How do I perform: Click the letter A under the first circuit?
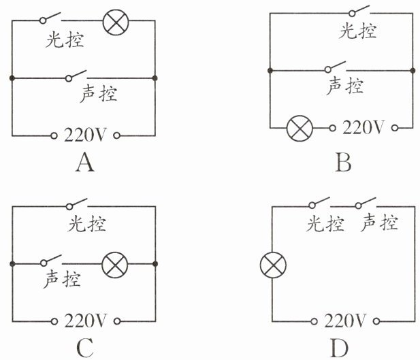click(x=84, y=163)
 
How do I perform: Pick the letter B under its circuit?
click(x=343, y=163)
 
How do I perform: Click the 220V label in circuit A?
click(x=86, y=135)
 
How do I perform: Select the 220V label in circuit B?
click(x=364, y=127)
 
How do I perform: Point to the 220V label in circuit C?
click(x=86, y=320)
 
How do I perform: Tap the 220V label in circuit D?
click(x=347, y=321)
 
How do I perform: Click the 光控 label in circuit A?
click(x=65, y=40)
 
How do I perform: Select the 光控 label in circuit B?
click(x=357, y=31)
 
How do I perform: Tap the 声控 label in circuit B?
click(x=345, y=85)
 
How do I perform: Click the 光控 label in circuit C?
click(x=87, y=223)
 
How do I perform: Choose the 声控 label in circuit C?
click(x=63, y=278)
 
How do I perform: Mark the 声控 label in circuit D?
click(x=380, y=222)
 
